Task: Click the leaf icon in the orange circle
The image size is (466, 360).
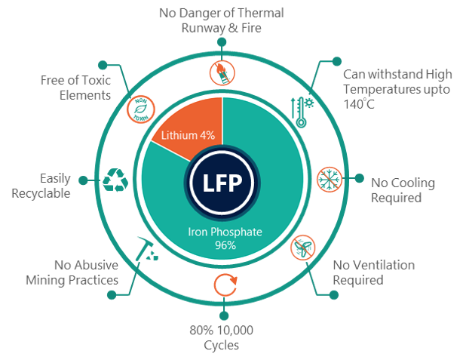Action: (x=139, y=108)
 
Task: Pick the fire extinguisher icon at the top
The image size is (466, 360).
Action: (x=223, y=69)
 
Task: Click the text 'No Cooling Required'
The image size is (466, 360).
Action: (x=403, y=190)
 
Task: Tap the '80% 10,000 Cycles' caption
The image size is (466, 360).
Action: (x=223, y=339)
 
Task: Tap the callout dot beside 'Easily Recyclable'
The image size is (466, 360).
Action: (x=82, y=180)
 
